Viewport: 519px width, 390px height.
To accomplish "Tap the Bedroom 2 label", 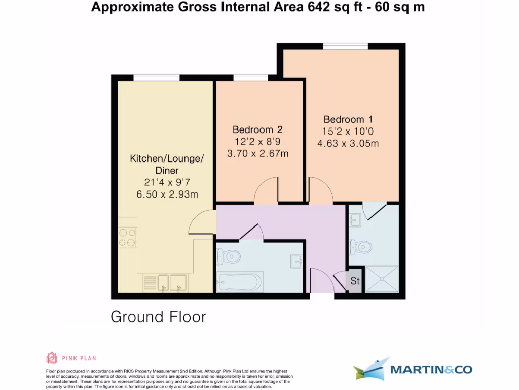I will coord(257,129).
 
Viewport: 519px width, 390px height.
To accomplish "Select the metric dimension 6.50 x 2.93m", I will coord(167,194).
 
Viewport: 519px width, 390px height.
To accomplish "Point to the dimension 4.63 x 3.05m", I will coord(348,143).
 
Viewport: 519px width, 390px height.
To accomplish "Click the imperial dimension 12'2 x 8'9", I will coord(257,142).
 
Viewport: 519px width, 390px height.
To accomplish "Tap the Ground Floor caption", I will coord(158,317).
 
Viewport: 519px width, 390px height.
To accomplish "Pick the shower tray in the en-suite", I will coord(383,280).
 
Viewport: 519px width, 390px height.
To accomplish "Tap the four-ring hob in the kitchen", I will coord(127,237).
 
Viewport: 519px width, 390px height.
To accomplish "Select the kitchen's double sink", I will coord(171,282).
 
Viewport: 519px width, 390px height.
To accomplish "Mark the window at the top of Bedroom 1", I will coord(346,46).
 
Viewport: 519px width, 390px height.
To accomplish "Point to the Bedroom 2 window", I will coord(250,78).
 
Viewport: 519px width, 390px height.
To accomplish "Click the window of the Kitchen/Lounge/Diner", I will coord(156,78).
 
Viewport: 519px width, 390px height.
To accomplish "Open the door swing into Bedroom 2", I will coord(266,192).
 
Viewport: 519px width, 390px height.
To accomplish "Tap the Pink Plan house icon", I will coord(52,358).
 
